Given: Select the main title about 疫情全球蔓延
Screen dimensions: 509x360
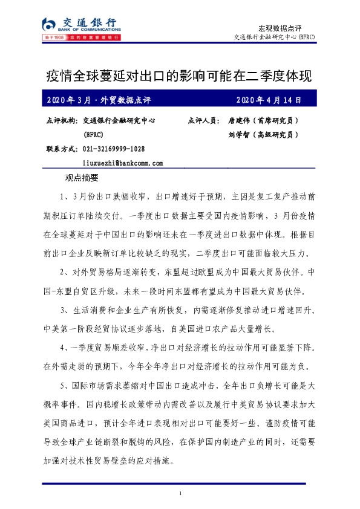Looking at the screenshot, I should click(179, 76).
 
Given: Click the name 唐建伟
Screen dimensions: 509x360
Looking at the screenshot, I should click(239, 121).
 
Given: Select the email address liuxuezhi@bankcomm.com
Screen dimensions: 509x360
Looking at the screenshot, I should click(123, 163).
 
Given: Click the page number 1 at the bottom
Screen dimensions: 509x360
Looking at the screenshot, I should click(180, 496).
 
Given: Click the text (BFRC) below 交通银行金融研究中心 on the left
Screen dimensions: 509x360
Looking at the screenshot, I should click(94, 135).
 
